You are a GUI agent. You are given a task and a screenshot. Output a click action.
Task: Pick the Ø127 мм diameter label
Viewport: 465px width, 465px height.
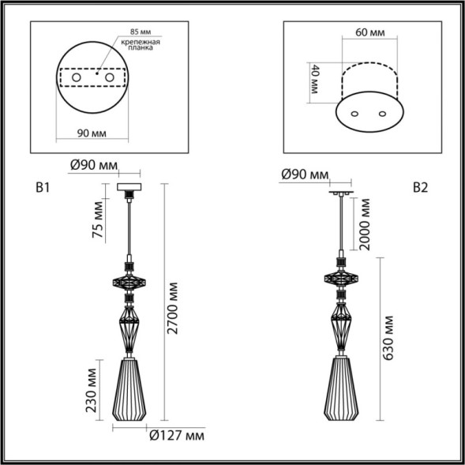(x=177, y=435)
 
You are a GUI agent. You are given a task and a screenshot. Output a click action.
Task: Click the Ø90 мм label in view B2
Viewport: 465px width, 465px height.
(x=304, y=174)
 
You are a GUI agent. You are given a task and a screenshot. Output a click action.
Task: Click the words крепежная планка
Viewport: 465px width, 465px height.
(x=144, y=46)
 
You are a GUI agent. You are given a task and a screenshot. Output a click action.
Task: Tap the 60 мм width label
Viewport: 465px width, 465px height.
(x=368, y=33)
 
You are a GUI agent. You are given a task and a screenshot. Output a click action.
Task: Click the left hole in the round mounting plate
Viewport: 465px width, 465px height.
(x=78, y=78)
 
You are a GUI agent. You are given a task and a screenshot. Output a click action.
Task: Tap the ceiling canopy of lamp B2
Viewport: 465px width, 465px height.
(x=342, y=191)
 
